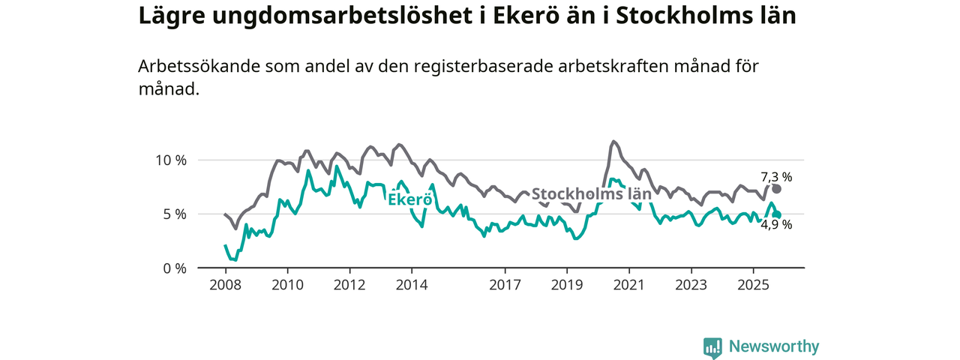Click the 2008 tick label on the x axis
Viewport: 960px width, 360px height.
click(225, 285)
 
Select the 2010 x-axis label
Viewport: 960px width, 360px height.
click(287, 285)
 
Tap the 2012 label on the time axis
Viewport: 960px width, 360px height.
click(349, 285)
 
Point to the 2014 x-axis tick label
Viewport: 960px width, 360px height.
click(412, 285)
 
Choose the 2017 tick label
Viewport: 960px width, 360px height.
click(505, 285)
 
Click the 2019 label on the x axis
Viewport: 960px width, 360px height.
click(567, 285)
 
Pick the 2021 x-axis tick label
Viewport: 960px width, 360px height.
click(628, 285)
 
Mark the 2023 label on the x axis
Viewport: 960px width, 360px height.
click(691, 285)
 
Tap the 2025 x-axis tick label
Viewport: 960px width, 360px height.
click(753, 285)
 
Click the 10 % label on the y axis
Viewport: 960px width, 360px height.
click(170, 160)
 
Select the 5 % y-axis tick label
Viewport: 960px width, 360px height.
click(174, 214)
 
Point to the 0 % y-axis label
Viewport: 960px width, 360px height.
click(174, 268)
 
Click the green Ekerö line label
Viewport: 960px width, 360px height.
click(409, 199)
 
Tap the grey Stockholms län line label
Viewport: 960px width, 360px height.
click(591, 194)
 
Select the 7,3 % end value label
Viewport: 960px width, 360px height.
click(776, 177)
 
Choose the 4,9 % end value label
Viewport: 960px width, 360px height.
click(776, 224)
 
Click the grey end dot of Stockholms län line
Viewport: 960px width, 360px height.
click(776, 189)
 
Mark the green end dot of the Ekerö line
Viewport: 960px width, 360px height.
click(777, 215)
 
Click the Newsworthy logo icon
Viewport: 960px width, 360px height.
click(712, 347)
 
